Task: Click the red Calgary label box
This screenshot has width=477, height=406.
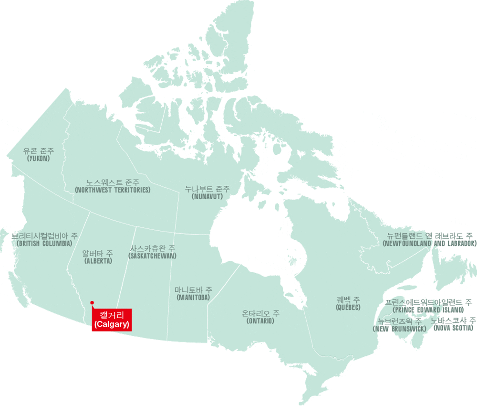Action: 112,320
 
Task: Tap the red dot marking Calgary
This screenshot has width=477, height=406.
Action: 92,302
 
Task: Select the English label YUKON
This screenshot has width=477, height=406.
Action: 39,158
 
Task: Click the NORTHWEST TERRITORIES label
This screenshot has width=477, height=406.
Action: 113,190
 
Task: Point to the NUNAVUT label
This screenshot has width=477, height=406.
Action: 207,196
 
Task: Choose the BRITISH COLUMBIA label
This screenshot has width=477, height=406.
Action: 44,244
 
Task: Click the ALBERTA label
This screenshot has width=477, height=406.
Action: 98,261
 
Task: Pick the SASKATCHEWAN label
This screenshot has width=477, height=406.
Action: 153,256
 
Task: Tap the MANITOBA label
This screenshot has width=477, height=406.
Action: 193,298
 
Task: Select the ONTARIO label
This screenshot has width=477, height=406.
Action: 260,321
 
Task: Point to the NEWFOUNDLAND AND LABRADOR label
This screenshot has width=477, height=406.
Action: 429,244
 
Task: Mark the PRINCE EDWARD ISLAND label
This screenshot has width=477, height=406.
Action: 428,310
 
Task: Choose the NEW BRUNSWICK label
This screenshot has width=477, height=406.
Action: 400,329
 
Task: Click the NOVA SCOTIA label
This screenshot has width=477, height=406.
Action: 454,329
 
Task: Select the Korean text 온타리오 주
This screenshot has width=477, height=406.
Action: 260,313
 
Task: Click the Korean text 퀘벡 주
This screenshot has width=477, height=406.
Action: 348,299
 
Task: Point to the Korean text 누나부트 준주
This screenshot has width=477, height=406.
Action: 207,189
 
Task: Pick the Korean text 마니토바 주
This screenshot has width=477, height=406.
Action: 193,290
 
